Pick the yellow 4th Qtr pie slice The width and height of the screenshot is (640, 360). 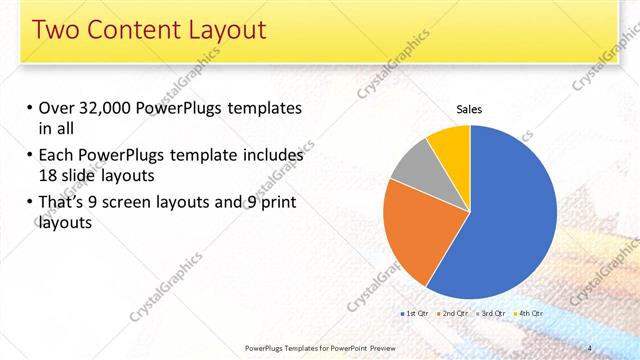click(451, 142)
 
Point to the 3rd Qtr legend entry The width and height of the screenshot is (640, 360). click(491, 313)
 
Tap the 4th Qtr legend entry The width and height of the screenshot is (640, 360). click(529, 313)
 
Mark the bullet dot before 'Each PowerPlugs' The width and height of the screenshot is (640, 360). click(30, 157)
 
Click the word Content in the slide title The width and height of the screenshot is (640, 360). click(138, 30)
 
